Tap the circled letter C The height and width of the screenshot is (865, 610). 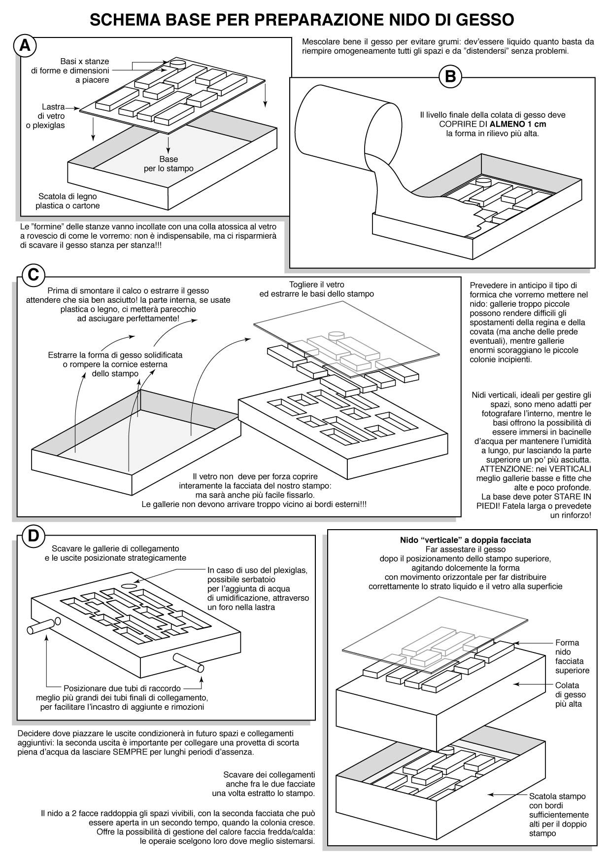click(33, 274)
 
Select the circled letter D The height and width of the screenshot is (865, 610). click(33, 536)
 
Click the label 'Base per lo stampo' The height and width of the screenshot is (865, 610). click(169, 164)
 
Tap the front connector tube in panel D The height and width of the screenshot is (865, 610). click(188, 662)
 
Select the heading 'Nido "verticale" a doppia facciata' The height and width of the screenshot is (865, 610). click(465, 540)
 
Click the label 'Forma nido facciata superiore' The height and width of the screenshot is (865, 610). click(572, 656)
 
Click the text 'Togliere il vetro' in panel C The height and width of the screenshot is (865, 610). click(316, 285)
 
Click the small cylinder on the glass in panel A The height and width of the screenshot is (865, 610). click(177, 63)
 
